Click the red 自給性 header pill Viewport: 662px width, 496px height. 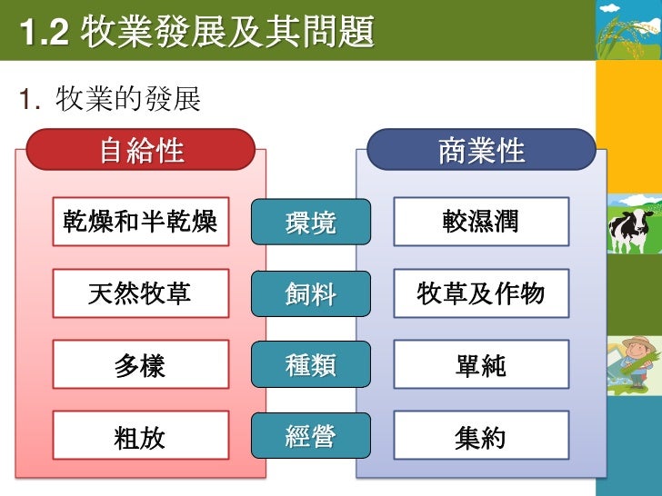click(x=140, y=150)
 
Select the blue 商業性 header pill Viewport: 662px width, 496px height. click(x=481, y=150)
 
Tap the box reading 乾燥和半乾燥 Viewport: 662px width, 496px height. click(x=140, y=221)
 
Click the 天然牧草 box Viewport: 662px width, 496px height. click(x=140, y=293)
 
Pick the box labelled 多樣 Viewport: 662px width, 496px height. click(x=140, y=364)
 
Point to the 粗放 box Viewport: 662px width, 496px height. click(x=140, y=436)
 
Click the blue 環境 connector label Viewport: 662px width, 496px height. click(x=311, y=222)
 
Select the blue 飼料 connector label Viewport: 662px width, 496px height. click(x=311, y=293)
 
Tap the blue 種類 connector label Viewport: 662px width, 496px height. click(x=311, y=364)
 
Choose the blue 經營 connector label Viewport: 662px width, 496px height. click(x=311, y=436)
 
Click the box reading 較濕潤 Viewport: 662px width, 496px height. click(x=481, y=221)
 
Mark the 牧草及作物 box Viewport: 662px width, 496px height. click(x=481, y=293)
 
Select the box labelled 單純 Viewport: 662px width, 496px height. click(x=481, y=364)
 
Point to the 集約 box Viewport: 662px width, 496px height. click(x=481, y=436)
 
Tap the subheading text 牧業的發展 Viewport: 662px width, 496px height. click(x=128, y=99)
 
